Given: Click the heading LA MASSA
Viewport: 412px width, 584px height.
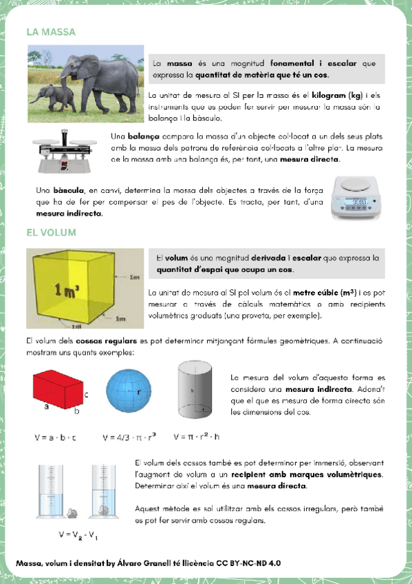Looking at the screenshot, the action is pos(50,32).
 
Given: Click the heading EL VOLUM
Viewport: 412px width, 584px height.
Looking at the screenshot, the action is pos(51,233).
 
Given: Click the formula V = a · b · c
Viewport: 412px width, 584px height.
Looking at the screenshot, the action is pos(56,437).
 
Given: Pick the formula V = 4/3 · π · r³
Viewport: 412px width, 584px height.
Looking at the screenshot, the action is pos(129,437).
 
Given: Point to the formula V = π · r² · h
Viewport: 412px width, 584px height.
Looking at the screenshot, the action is pos(197,437).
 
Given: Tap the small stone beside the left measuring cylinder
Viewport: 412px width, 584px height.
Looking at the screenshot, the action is pos(72,512).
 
